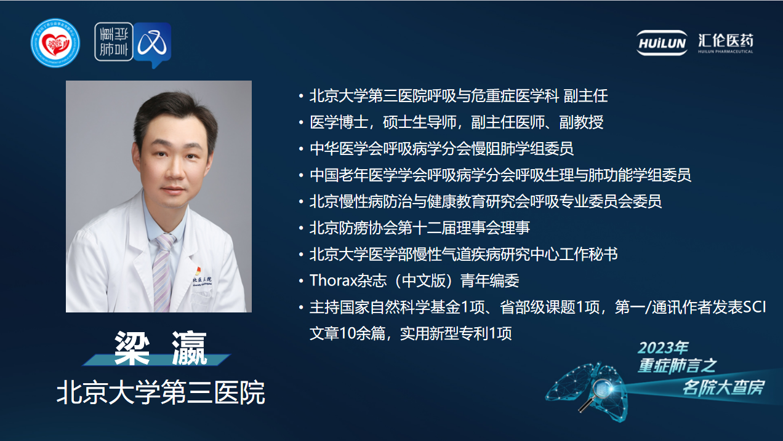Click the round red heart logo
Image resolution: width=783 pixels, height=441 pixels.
tap(55, 43)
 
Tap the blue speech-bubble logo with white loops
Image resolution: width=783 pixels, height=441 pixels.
tap(153, 44)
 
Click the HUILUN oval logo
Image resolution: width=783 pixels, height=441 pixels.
tap(662, 43)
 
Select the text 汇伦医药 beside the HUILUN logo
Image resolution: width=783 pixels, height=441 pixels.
tap(726, 41)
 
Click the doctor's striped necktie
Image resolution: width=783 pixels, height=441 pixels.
tap(163, 272)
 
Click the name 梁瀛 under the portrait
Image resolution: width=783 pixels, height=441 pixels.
tap(161, 348)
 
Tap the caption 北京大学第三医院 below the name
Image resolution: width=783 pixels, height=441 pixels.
tap(161, 392)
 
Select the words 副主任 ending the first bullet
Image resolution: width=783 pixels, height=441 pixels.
tap(586, 96)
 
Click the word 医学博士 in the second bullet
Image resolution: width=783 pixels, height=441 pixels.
tap(339, 122)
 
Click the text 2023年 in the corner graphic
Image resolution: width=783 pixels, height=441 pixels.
tap(663, 348)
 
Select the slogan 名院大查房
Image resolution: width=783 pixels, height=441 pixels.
tap(723, 387)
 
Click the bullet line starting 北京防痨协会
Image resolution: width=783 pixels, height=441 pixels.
tap(420, 228)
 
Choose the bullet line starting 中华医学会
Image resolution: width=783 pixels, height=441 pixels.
tap(441, 148)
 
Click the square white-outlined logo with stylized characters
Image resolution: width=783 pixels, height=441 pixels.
tap(114, 42)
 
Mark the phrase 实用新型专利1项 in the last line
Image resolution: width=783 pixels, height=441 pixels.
tap(456, 333)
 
